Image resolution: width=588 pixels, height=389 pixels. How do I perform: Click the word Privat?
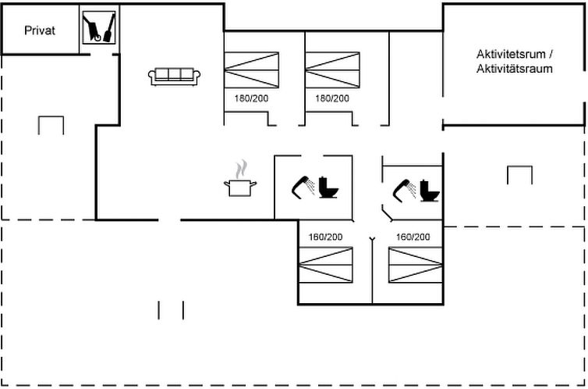pos(39,30)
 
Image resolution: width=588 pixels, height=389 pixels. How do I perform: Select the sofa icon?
pos(175,77)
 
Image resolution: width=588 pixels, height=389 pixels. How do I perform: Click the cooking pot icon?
pos(240,187)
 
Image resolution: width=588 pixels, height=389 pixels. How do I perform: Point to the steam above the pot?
pos(241,170)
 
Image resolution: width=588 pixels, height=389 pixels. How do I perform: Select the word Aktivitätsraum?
pos(515,69)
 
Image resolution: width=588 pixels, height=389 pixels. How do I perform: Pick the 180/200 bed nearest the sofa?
pos(252,70)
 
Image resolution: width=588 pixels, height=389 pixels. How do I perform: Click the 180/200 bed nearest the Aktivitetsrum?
pos(333,70)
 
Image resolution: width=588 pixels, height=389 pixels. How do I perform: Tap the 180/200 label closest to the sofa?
pos(251,98)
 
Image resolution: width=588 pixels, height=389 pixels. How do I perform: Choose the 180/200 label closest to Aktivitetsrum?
pos(332,98)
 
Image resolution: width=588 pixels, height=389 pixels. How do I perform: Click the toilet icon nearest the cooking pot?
pos(328,187)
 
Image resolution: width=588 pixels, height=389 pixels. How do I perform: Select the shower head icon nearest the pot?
pos(303,187)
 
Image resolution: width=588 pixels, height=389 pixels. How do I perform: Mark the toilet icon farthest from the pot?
pos(430,191)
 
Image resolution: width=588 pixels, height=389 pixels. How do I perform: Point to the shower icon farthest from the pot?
pos(404,191)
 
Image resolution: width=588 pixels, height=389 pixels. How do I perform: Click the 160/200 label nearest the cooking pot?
pos(325,237)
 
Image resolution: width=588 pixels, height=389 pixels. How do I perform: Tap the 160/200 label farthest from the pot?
pos(413,237)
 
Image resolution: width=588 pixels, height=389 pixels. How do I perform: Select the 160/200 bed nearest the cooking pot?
pos(325,265)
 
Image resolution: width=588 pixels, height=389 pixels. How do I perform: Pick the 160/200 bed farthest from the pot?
pos(416,265)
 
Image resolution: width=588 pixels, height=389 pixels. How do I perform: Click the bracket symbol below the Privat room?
pos(51,117)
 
